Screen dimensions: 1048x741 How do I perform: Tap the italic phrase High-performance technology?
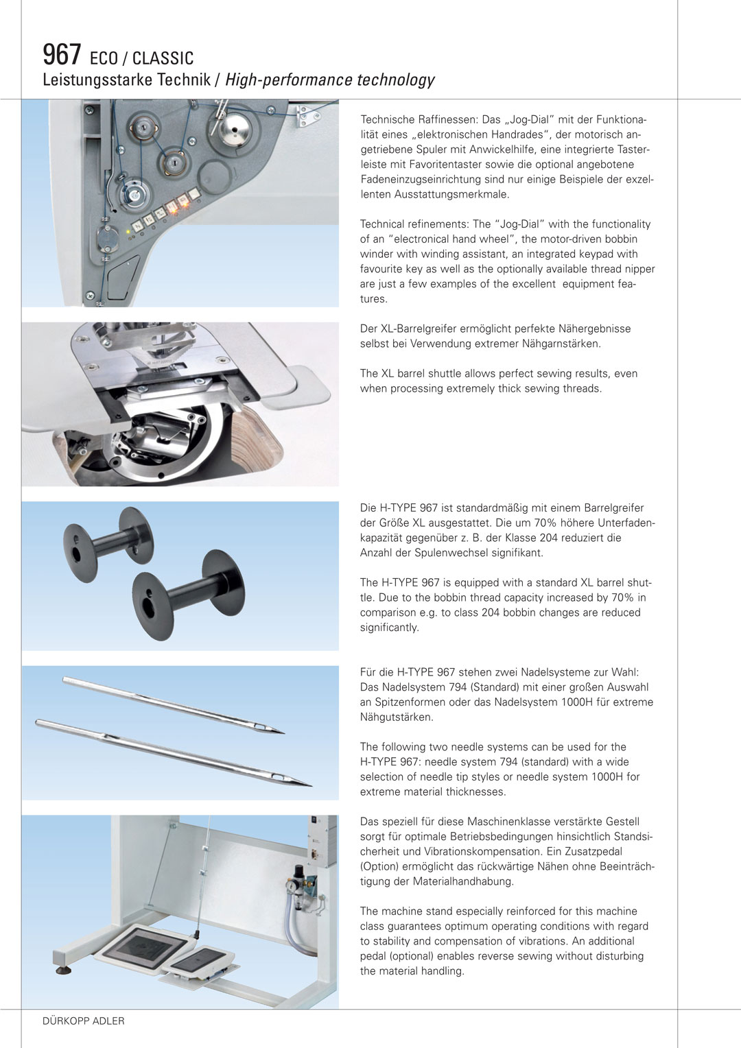tap(329, 80)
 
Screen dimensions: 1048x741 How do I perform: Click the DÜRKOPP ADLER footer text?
tap(84, 1021)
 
